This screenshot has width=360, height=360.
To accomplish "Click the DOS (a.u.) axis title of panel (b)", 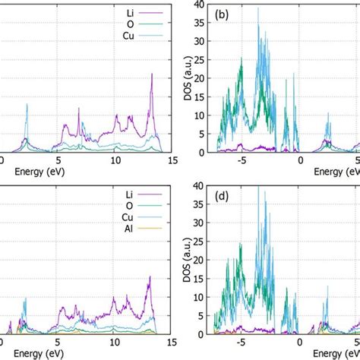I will coord(188,78).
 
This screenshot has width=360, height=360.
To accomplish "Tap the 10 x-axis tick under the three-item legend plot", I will coord(115,162).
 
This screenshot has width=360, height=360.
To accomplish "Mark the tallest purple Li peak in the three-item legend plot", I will coord(152,74).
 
